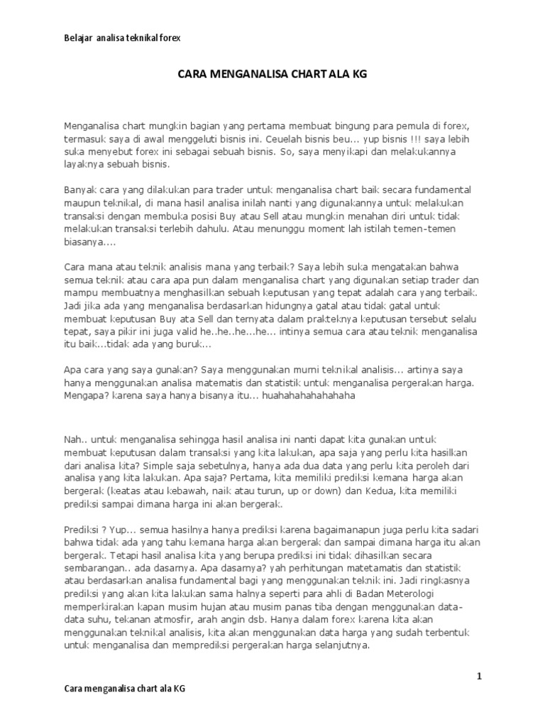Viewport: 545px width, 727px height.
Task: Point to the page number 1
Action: [479, 677]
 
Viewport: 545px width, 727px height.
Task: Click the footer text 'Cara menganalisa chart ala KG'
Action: [126, 689]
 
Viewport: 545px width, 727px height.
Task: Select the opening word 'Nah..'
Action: [76, 440]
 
